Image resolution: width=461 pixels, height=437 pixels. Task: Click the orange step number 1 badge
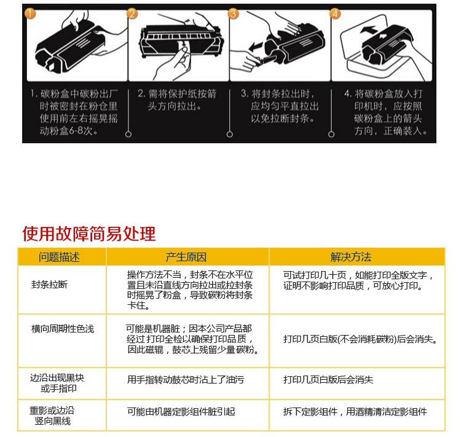click(x=30, y=14)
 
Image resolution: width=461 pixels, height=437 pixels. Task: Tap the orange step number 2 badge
click(x=132, y=14)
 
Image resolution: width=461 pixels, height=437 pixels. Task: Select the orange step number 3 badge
click(x=233, y=14)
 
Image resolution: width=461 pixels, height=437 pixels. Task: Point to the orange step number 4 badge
click(x=335, y=14)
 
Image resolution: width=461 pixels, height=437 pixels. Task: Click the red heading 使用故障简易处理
click(x=89, y=234)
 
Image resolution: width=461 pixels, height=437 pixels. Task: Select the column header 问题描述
click(x=59, y=257)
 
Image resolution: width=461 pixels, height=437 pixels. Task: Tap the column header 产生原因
click(x=186, y=257)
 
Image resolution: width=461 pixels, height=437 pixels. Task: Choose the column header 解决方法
click(x=351, y=257)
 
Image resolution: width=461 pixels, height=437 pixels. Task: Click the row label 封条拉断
click(x=49, y=285)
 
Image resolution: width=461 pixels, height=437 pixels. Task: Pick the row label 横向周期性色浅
click(x=63, y=329)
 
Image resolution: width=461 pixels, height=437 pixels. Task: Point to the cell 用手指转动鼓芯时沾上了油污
click(x=186, y=380)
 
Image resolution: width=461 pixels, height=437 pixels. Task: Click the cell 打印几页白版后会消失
click(x=328, y=380)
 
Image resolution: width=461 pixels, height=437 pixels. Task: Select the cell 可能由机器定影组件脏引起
click(x=181, y=412)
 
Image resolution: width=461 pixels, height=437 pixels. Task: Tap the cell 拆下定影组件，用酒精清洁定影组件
click(x=355, y=412)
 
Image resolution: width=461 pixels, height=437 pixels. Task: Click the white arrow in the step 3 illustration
click(x=256, y=47)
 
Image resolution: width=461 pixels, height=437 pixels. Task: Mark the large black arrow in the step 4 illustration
click(x=369, y=30)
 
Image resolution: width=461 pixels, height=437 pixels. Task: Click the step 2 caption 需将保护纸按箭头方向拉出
click(x=177, y=100)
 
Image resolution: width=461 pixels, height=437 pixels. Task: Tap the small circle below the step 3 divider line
click(x=230, y=135)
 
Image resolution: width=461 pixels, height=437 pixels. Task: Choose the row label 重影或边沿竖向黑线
click(x=52, y=416)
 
